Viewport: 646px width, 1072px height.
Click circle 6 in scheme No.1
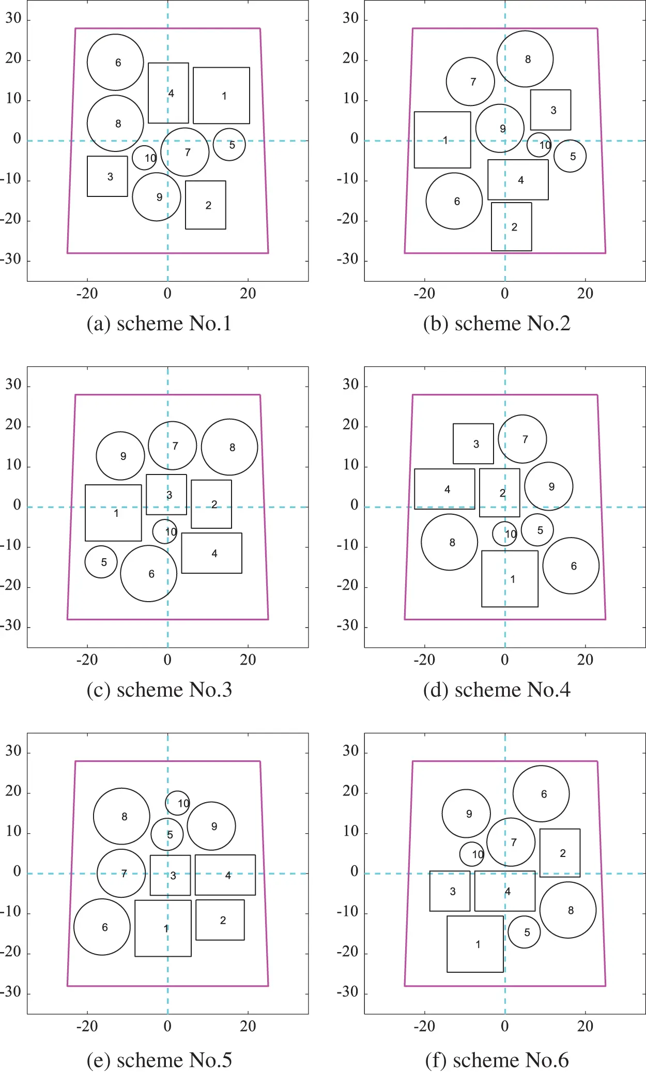115,62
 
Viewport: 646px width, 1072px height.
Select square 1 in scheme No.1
221,96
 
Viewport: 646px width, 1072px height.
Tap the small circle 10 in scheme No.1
144,158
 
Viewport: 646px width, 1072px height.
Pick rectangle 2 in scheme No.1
206,205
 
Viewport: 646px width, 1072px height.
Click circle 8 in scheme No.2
525,59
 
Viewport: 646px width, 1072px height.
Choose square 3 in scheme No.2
550,110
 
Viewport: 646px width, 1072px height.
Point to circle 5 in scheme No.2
570,156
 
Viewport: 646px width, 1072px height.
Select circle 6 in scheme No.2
454,201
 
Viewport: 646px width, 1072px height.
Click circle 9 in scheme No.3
120,456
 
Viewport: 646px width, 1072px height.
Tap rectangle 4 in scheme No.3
211,553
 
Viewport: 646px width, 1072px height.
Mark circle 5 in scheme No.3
101,562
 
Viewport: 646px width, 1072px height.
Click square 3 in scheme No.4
473,443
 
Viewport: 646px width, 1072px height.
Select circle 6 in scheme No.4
571,565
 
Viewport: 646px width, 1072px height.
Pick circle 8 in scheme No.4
450,542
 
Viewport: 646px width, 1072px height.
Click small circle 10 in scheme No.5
178,803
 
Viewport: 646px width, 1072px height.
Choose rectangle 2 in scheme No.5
220,920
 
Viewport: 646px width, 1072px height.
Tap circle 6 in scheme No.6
541,793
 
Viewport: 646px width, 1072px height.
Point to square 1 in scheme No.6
475,944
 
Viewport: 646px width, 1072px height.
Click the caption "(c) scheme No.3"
159,690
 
